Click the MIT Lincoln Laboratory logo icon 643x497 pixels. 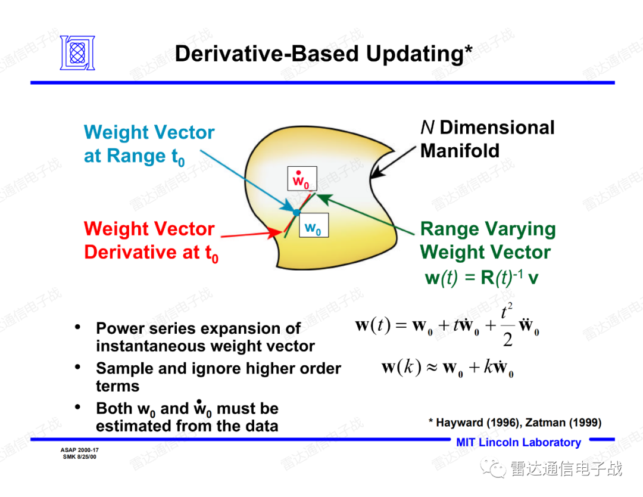click(77, 53)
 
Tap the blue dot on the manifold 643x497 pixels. click(296, 212)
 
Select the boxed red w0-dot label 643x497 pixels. click(302, 179)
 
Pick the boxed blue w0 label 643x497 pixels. click(314, 225)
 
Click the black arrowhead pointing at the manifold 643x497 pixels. click(377, 171)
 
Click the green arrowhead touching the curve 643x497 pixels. click(324, 199)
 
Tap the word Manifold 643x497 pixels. click(460, 151)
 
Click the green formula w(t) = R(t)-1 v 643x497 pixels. click(482, 278)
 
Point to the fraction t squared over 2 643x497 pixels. click(507, 326)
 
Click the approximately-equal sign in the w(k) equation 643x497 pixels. click(432, 367)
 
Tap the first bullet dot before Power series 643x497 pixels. click(77, 327)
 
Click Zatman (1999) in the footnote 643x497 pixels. click(563, 423)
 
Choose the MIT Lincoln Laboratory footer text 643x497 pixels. click(519, 442)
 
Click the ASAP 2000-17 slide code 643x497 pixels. click(80, 450)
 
